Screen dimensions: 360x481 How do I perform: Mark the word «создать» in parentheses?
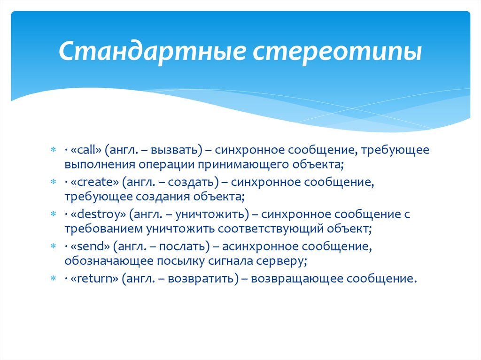tap(194, 182)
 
